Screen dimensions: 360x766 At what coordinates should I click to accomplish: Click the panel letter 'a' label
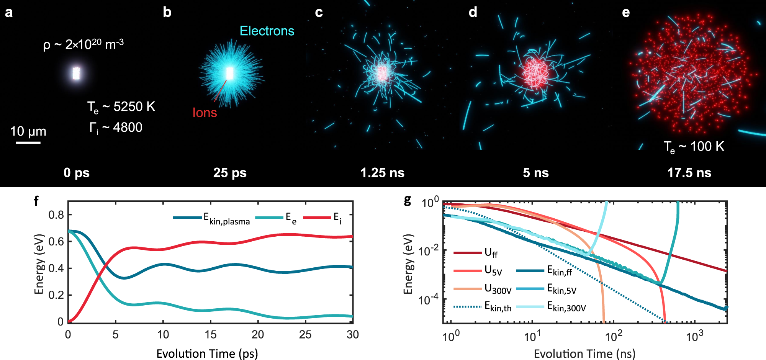tap(8, 13)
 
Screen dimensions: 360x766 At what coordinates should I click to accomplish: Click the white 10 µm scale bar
tap(28, 143)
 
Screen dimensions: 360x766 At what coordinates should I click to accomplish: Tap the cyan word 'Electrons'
tap(267, 31)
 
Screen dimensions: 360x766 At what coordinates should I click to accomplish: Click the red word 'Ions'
tap(205, 113)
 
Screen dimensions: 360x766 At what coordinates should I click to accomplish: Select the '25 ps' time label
tap(230, 173)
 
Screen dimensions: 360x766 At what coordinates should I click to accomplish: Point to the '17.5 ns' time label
tap(689, 173)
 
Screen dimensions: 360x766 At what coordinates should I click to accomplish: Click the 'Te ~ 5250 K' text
tap(121, 107)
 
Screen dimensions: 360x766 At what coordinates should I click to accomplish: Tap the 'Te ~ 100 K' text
tap(694, 147)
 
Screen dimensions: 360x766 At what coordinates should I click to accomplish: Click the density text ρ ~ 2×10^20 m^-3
tap(83, 45)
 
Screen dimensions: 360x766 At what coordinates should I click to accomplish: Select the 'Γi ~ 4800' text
tap(116, 128)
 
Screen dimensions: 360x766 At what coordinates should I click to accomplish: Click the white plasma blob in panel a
tap(76, 73)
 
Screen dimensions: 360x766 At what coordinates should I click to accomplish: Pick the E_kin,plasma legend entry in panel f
tap(212, 218)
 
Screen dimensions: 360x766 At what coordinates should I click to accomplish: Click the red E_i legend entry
tap(322, 218)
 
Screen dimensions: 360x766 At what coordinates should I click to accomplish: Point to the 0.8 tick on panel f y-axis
tap(56, 215)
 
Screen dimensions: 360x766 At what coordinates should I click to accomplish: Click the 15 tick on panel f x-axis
tap(210, 335)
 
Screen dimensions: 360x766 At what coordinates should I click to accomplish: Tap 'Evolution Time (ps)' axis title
tap(207, 353)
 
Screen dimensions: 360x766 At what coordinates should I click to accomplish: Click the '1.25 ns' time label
tap(382, 173)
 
